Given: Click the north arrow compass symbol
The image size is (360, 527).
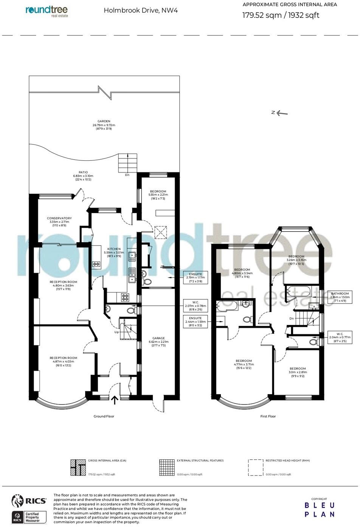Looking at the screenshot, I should (x=279, y=112).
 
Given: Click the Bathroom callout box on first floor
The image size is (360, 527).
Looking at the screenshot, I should (x=340, y=297).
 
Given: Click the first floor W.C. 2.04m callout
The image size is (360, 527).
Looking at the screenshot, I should (x=340, y=337).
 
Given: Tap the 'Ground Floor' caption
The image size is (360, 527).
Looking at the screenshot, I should (x=104, y=416).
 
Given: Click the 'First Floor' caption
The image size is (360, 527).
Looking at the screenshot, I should (x=268, y=416).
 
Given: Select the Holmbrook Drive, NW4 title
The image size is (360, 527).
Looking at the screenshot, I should (x=141, y=11).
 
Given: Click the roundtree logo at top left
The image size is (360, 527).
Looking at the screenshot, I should (x=47, y=11).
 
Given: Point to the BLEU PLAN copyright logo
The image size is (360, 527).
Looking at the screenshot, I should (x=320, y=509).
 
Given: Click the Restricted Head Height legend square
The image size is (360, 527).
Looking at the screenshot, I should (x=255, y=468).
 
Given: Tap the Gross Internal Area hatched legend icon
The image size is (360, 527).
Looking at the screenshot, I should (x=78, y=468).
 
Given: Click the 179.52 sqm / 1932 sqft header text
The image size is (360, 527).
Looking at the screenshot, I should (x=281, y=16).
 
